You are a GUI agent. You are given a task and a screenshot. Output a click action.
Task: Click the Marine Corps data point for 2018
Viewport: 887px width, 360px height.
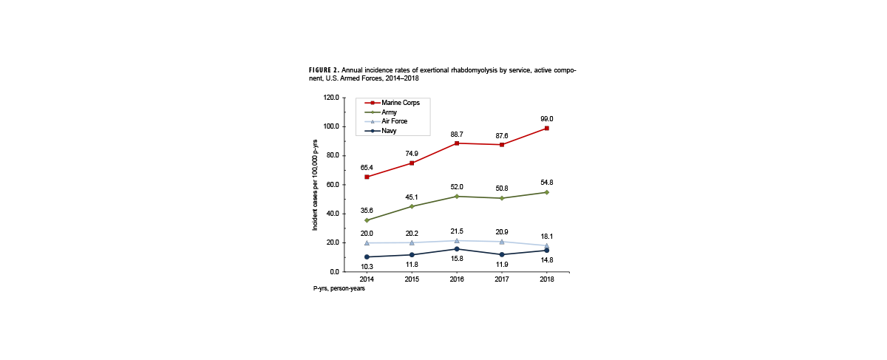(x=547, y=129)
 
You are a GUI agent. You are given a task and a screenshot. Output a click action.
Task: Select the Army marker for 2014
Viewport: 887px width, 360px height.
(x=367, y=220)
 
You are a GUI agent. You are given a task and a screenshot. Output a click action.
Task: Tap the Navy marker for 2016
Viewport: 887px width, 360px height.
(x=457, y=249)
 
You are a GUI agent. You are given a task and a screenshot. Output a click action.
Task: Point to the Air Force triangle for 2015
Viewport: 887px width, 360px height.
(x=412, y=242)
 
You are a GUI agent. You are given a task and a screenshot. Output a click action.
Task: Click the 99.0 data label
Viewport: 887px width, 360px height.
(x=547, y=118)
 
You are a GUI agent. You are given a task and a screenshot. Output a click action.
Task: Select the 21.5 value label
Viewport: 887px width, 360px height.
(x=457, y=232)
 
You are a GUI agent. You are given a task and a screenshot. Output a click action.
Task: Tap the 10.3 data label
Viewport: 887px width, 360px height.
(x=367, y=266)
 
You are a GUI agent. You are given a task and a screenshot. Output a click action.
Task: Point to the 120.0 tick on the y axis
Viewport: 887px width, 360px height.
(x=330, y=98)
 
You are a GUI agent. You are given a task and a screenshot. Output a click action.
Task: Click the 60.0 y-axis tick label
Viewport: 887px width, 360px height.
(x=332, y=185)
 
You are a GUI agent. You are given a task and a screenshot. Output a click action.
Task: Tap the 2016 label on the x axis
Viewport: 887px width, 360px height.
(x=457, y=279)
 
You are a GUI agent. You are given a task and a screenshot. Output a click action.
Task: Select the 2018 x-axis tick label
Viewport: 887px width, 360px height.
(x=547, y=279)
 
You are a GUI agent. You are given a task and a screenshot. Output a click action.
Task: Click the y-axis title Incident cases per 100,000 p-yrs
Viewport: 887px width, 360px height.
(x=316, y=185)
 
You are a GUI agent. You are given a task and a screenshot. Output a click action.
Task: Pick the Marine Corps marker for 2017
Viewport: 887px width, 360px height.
(x=502, y=145)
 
